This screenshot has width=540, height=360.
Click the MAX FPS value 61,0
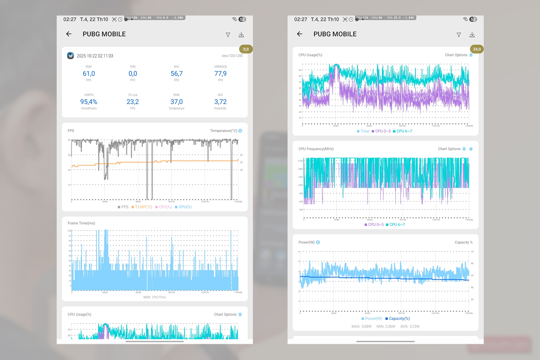pos(89,74)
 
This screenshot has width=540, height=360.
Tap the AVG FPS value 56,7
pos(176,74)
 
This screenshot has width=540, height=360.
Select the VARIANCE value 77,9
pos(220,74)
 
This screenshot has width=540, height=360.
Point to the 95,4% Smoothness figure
pos(89,102)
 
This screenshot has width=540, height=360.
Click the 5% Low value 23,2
pos(133,102)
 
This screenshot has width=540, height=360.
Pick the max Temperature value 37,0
pos(176,102)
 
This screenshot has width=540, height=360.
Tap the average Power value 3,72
pos(220,102)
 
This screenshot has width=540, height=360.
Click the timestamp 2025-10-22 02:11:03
pos(94,56)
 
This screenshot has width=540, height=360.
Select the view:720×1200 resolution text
pos(232,56)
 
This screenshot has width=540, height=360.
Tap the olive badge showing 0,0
pos(246,49)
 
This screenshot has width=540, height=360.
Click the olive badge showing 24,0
pos(477,49)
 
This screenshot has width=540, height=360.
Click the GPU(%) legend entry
pos(184,207)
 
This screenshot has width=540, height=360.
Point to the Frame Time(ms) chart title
pos(81,223)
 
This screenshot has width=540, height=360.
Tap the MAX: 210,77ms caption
pos(154,297)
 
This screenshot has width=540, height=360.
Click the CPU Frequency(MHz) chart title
pos(316,149)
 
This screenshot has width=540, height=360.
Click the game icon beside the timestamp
pos(71,56)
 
